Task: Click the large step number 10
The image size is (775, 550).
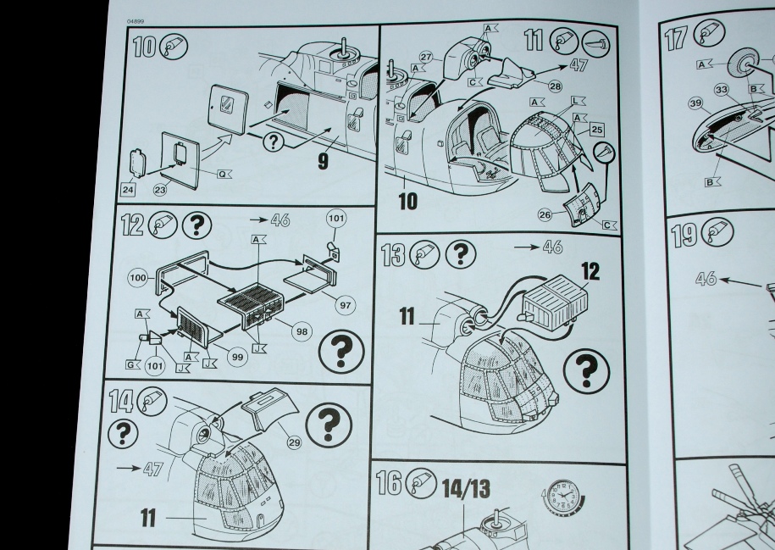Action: point(146,47)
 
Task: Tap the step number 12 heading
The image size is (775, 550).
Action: point(133,225)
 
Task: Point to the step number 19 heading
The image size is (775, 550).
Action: point(684,234)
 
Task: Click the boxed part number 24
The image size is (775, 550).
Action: point(128,189)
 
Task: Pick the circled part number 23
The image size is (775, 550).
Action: point(160,189)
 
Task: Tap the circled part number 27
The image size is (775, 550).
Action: point(425,57)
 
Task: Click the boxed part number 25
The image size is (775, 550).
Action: point(596,130)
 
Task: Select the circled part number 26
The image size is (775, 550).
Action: point(545,214)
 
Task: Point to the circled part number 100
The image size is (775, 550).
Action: point(139,277)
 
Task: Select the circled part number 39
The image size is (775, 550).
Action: point(695,103)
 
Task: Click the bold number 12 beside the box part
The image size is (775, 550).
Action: point(590,271)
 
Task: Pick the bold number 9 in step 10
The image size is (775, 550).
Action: point(323,161)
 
